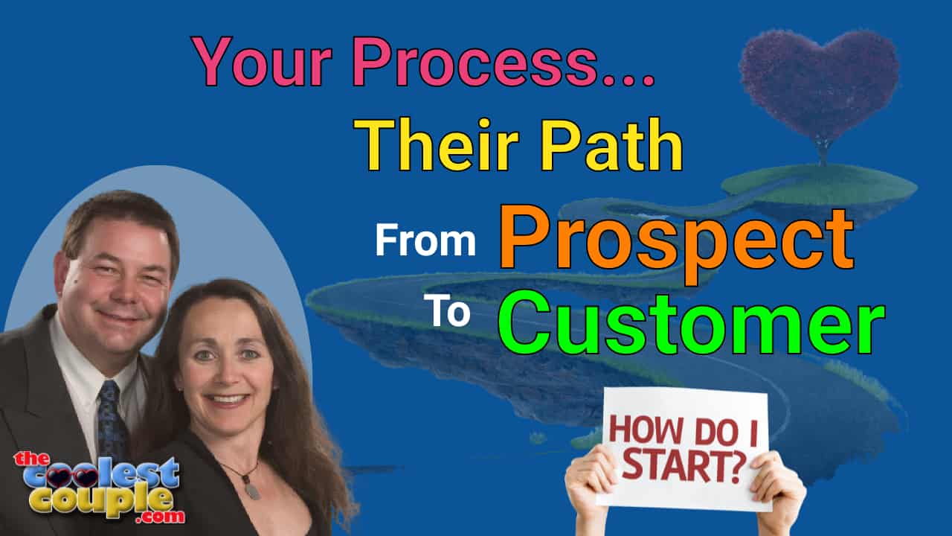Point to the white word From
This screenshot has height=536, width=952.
tap(425, 242)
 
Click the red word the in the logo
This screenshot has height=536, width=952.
tap(31, 460)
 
